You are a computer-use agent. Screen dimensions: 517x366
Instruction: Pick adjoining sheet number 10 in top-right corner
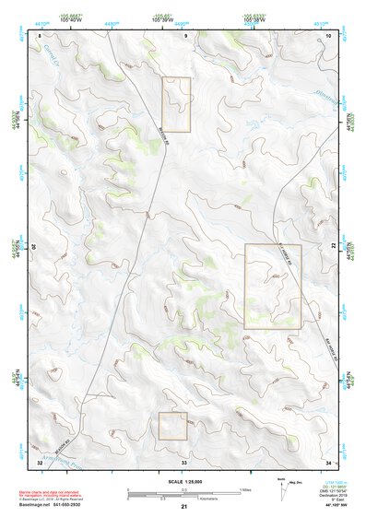tap(330, 36)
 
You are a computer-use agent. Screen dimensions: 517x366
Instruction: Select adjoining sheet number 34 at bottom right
tap(330, 461)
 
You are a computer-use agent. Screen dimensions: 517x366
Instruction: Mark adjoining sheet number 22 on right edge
tap(334, 247)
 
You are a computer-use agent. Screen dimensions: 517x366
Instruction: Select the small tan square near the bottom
tap(172, 426)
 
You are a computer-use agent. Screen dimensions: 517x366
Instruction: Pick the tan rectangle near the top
tap(176, 98)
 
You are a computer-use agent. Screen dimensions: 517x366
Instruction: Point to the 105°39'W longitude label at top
tap(164, 20)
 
